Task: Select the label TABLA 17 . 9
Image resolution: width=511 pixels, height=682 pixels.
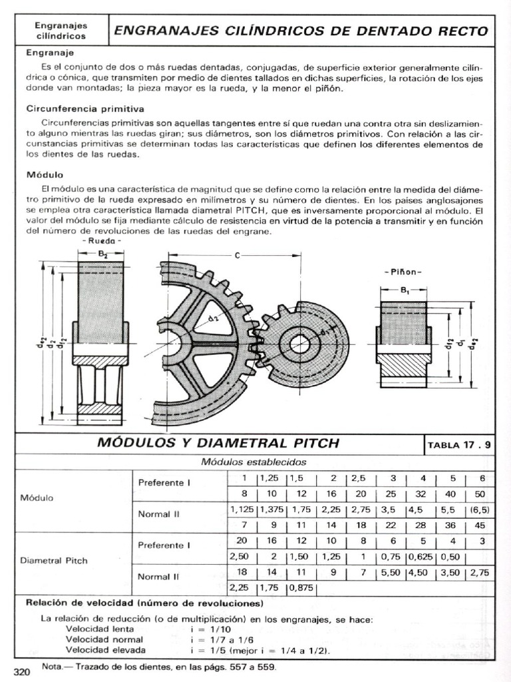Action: pos(459,445)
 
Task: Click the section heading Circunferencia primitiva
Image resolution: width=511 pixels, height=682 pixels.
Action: pos(85,108)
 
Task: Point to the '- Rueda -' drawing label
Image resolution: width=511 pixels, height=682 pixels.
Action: pos(100,240)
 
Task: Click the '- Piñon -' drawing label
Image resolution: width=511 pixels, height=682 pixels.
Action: pos(403,272)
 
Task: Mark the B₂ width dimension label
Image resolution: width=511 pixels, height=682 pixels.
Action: pos(102,253)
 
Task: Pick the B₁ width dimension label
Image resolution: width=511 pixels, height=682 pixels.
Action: pos(405,290)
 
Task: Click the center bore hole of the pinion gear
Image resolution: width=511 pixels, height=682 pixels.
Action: pos(299,344)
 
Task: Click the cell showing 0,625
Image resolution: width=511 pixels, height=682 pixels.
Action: pos(420,555)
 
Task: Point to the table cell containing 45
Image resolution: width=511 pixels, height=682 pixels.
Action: pos(480,524)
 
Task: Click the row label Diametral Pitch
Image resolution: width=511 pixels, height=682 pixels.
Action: pos(57,560)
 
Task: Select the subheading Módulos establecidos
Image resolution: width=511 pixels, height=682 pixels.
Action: pos(254,462)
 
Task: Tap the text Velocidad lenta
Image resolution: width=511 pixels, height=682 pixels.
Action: pos(100,629)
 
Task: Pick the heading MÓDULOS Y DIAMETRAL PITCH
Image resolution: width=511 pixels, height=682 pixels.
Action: pos(218,443)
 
